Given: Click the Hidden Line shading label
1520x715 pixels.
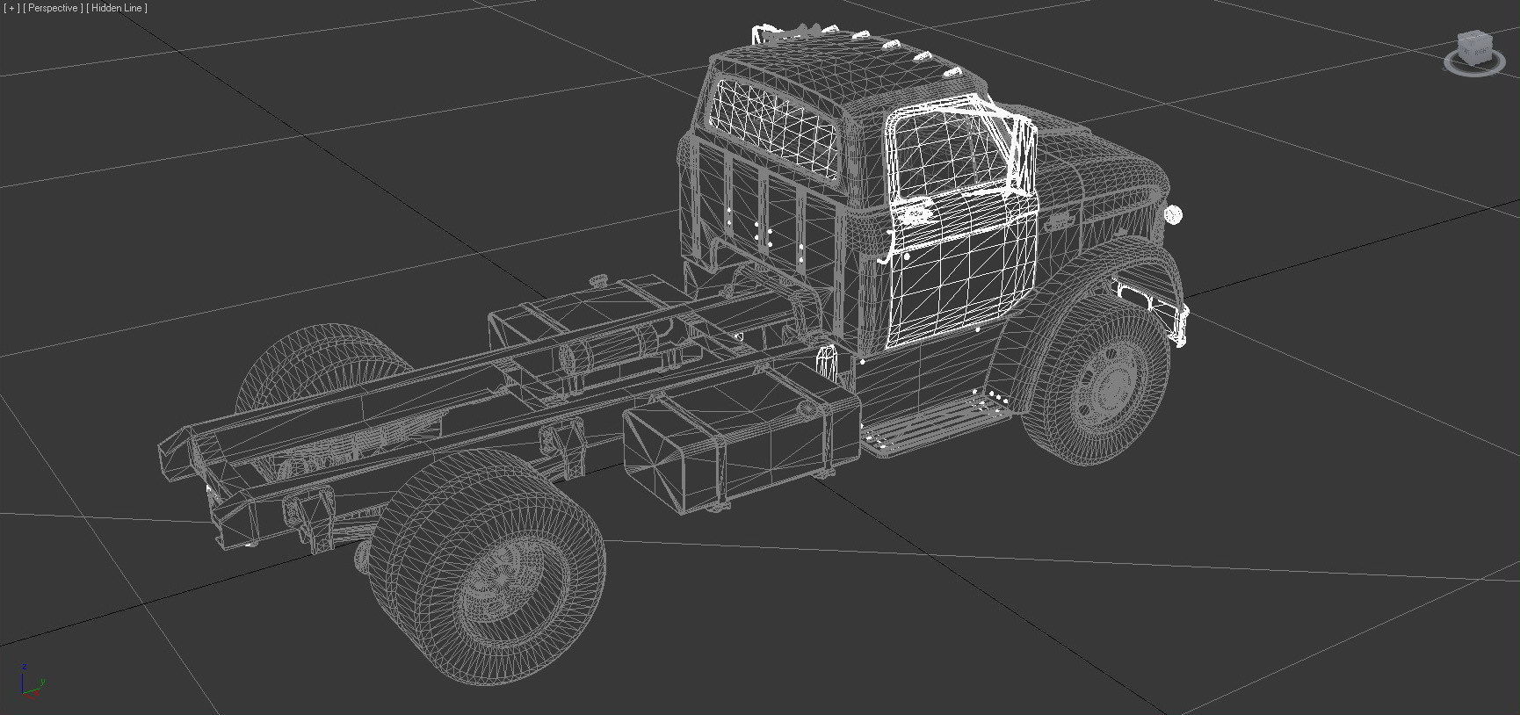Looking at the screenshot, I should pyautogui.click(x=118, y=8).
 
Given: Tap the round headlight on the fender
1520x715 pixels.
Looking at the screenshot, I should pyautogui.click(x=1173, y=213).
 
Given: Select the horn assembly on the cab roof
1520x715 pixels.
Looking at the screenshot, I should pyautogui.click(x=773, y=35).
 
